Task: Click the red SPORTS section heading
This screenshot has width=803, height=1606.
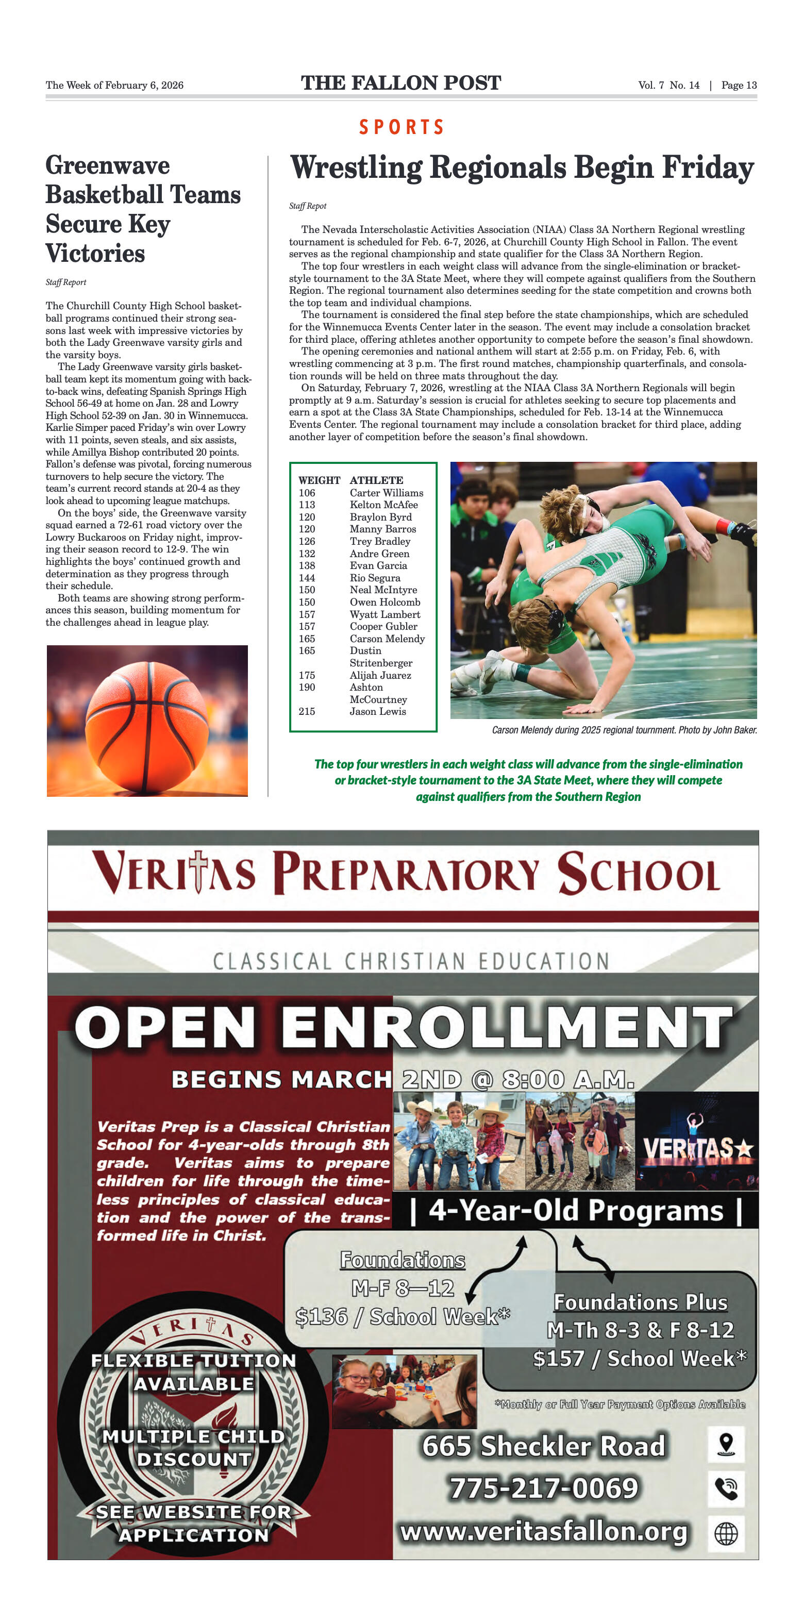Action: (401, 127)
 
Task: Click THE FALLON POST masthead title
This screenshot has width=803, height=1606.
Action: (401, 83)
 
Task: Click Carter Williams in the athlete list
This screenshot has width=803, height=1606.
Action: (386, 493)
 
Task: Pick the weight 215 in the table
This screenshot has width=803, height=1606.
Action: (307, 711)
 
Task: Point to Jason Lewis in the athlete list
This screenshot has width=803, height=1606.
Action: (377, 711)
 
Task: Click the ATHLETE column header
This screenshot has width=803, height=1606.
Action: (376, 480)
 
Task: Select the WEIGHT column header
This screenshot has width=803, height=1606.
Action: (319, 480)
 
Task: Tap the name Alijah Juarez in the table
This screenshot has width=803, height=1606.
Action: (380, 675)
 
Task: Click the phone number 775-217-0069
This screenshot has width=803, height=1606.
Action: (544, 1487)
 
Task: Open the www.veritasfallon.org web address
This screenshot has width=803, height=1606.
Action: (544, 1531)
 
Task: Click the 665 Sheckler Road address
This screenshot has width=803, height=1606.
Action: (544, 1446)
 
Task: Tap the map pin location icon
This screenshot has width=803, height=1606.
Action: (726, 1444)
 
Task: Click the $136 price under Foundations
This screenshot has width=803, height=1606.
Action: (322, 1316)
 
